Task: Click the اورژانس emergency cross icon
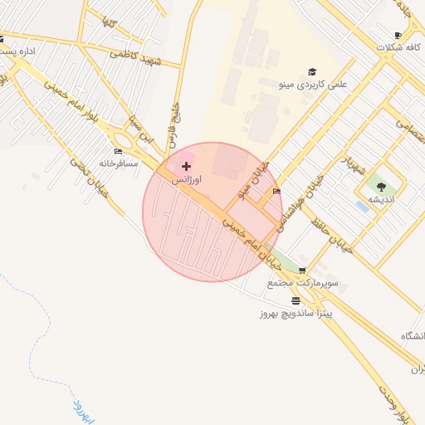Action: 185,167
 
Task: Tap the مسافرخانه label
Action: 116,164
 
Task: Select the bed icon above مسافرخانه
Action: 117,152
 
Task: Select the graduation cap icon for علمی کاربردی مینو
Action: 312,71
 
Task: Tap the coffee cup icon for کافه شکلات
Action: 398,35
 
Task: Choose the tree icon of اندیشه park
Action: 381,187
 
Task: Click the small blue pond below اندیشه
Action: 363,206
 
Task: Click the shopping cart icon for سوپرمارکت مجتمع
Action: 302,271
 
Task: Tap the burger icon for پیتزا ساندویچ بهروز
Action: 296,300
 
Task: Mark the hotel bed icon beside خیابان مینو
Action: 276,193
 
